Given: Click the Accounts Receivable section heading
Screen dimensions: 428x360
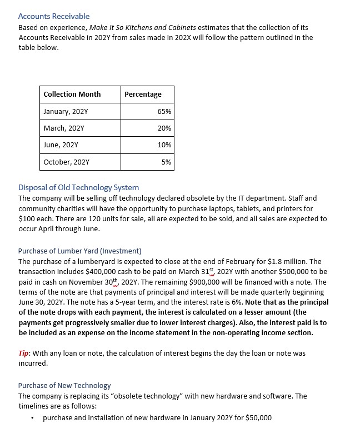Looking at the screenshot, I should click(54, 16).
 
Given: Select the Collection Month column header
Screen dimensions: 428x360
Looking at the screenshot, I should click(72, 94).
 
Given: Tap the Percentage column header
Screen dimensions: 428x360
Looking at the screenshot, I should click(143, 94).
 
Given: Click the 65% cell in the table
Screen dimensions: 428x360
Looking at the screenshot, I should click(164, 111).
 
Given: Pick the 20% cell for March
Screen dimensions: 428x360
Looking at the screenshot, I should click(164, 128).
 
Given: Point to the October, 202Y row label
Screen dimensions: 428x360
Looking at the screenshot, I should click(66, 162).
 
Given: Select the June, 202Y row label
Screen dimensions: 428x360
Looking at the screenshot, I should click(61, 145).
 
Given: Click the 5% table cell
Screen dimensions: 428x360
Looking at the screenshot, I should click(166, 162).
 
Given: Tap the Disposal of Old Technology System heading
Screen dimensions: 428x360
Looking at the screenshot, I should click(78, 187).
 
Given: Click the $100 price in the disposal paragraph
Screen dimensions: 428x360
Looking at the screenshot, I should click(27, 218).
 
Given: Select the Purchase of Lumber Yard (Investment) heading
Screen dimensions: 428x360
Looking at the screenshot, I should click(79, 251).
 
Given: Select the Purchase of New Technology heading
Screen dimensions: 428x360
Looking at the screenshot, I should click(64, 385).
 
